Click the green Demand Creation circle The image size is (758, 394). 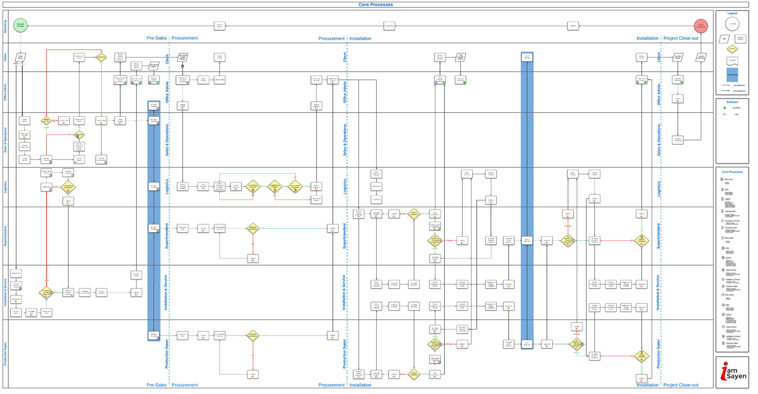(20, 25)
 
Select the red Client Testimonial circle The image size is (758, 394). (701, 26)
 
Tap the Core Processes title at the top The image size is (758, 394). (375, 5)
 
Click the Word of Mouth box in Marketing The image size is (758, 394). (219, 26)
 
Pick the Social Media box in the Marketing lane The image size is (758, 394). (389, 26)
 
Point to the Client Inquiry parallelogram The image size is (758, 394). (21, 57)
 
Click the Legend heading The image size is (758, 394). (732, 13)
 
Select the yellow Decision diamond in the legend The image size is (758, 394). (732, 48)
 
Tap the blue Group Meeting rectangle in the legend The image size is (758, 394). (732, 74)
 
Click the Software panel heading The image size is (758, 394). (732, 102)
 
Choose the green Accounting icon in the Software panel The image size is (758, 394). (724, 108)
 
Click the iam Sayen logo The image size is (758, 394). (732, 372)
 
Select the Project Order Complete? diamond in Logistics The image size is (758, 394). (295, 187)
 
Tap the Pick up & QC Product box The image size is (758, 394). (316, 199)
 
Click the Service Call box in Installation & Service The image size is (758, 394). (16, 273)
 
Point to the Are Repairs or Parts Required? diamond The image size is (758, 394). (46, 292)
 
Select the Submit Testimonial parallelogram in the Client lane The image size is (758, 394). (701, 57)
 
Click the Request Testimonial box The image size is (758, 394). (678, 140)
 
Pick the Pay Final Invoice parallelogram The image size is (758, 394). (678, 57)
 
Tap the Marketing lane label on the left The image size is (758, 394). (5, 26)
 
